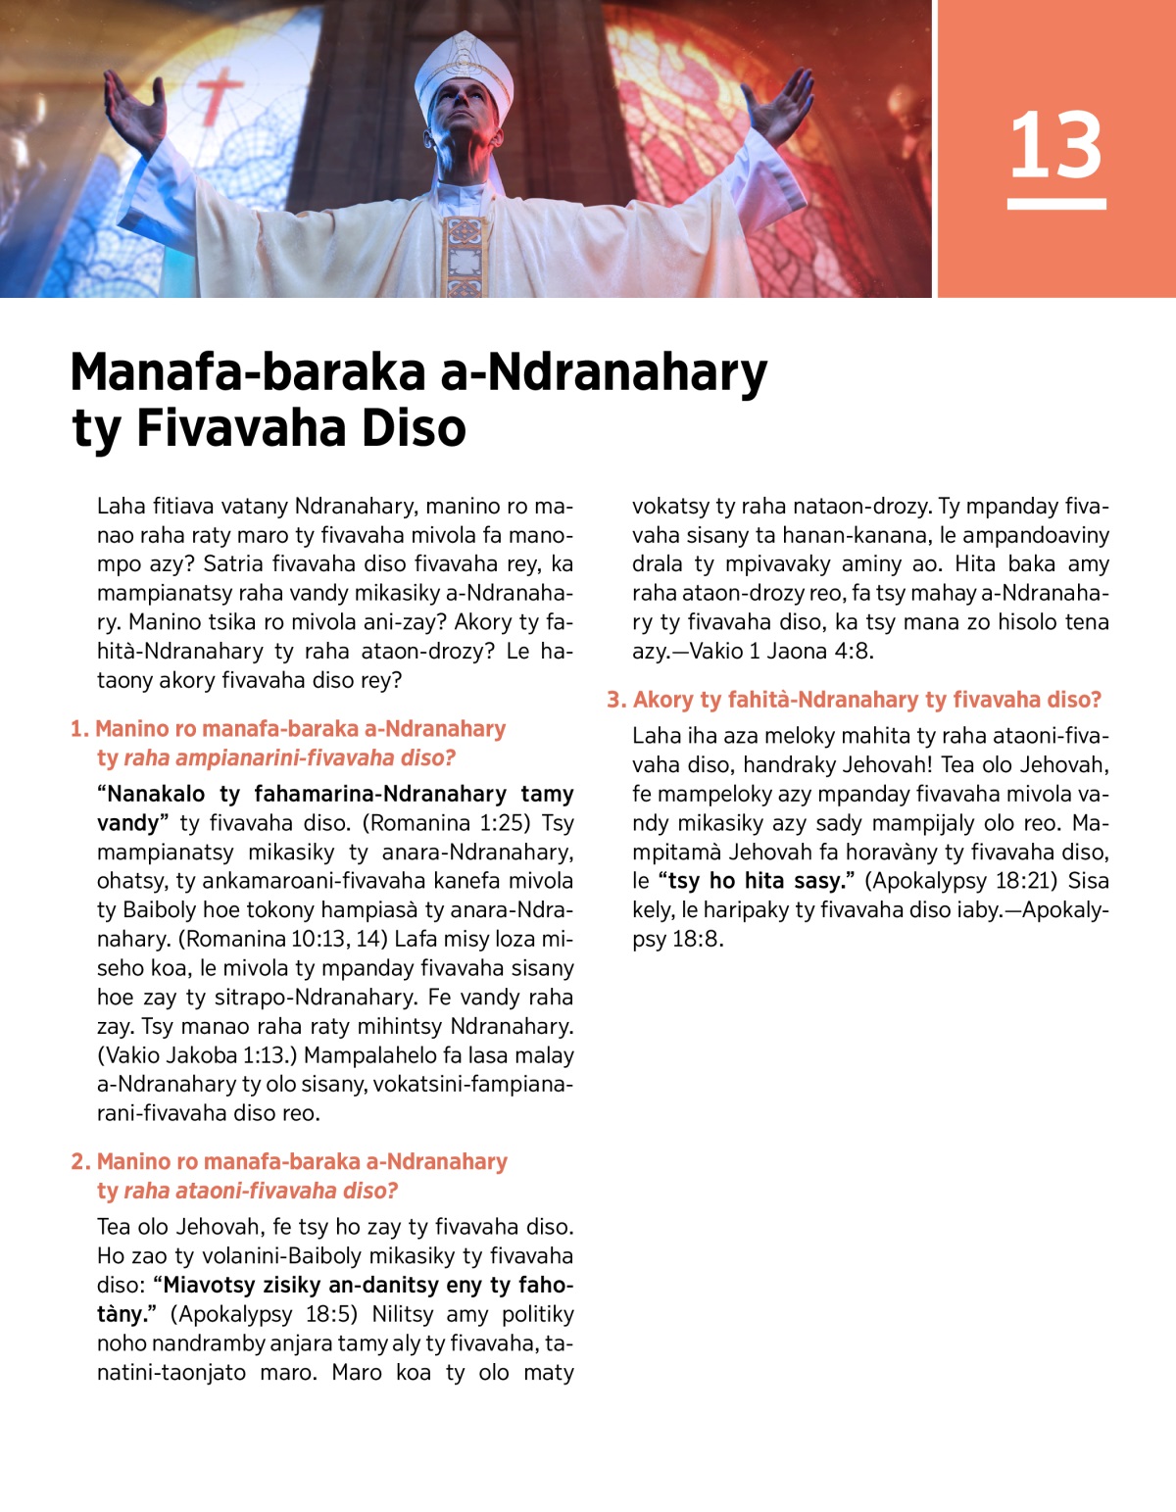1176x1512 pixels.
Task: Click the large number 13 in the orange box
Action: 1055,145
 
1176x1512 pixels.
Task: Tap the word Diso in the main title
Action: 414,428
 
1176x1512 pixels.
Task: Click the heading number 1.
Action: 78,729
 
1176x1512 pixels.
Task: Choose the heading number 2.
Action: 80,1162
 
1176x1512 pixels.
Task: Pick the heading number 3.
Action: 614,700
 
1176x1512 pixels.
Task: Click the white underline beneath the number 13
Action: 1056,204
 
